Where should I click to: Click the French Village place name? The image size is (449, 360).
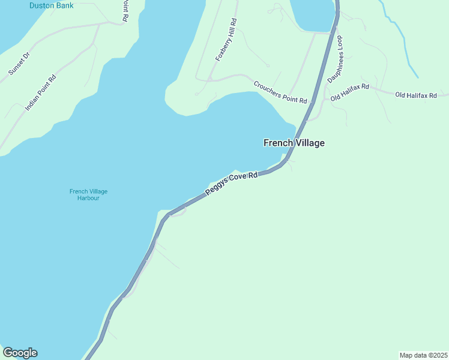[x=294, y=143]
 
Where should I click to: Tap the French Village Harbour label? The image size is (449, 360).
[x=88, y=194]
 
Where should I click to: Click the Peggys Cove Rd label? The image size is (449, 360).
[x=231, y=184]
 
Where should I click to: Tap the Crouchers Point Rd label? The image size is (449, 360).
[x=280, y=92]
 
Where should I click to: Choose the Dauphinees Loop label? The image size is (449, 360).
[x=334, y=59]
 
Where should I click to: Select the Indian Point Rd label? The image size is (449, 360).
[x=41, y=92]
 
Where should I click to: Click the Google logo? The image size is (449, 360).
[x=20, y=353]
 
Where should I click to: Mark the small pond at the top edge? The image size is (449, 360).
[x=312, y=13]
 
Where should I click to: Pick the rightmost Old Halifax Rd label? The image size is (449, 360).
[x=416, y=95]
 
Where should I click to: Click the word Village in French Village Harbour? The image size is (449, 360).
[x=98, y=191]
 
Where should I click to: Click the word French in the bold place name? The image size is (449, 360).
[x=278, y=143]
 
